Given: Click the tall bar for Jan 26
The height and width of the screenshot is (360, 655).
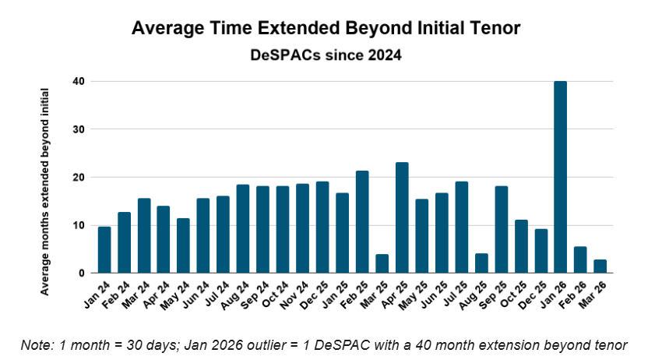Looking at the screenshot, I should (x=561, y=177).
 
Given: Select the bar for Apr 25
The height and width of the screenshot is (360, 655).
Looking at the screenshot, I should (x=402, y=218).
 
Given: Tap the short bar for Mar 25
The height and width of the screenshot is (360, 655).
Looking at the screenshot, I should (x=382, y=264).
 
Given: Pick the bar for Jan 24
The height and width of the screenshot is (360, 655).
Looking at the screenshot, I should (x=104, y=250).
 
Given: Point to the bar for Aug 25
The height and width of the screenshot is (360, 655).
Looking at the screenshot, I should (x=481, y=263).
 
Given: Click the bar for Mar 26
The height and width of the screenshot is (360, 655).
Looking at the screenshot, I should (x=600, y=266).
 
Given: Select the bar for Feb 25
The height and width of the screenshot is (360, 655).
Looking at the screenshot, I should (x=362, y=222).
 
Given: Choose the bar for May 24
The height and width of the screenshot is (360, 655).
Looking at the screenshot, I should (x=183, y=246).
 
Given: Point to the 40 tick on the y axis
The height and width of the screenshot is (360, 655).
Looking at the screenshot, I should (x=78, y=81).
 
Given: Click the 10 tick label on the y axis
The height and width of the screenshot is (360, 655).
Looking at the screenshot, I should (x=78, y=225).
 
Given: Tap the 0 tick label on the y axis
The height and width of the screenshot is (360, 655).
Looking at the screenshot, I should (x=81, y=274).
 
